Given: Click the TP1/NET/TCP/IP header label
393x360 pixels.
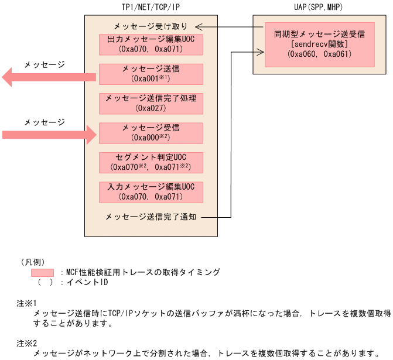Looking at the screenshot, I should click(151, 6).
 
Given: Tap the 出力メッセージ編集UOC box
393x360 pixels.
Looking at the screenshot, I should click(151, 44).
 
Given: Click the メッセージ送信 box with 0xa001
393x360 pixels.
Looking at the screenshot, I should click(151, 74).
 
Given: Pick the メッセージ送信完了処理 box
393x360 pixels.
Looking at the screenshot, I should click(151, 103).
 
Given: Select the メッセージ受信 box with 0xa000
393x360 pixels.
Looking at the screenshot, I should click(151, 133).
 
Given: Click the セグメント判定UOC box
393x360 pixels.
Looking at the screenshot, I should click(151, 162).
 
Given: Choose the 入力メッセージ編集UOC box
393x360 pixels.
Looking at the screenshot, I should click(151, 191).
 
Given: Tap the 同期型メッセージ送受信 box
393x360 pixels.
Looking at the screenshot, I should click(319, 44).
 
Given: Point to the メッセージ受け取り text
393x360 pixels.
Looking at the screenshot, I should click(151, 26).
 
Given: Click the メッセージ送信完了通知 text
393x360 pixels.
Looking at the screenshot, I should click(151, 217).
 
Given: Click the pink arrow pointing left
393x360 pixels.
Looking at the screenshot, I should click(47, 77).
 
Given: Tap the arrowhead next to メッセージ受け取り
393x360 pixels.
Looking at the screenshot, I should click(199, 26).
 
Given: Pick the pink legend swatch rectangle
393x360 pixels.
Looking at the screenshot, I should click(42, 272).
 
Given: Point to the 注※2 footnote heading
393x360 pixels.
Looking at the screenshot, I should click(27, 343).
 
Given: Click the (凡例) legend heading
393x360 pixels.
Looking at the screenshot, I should click(33, 262).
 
